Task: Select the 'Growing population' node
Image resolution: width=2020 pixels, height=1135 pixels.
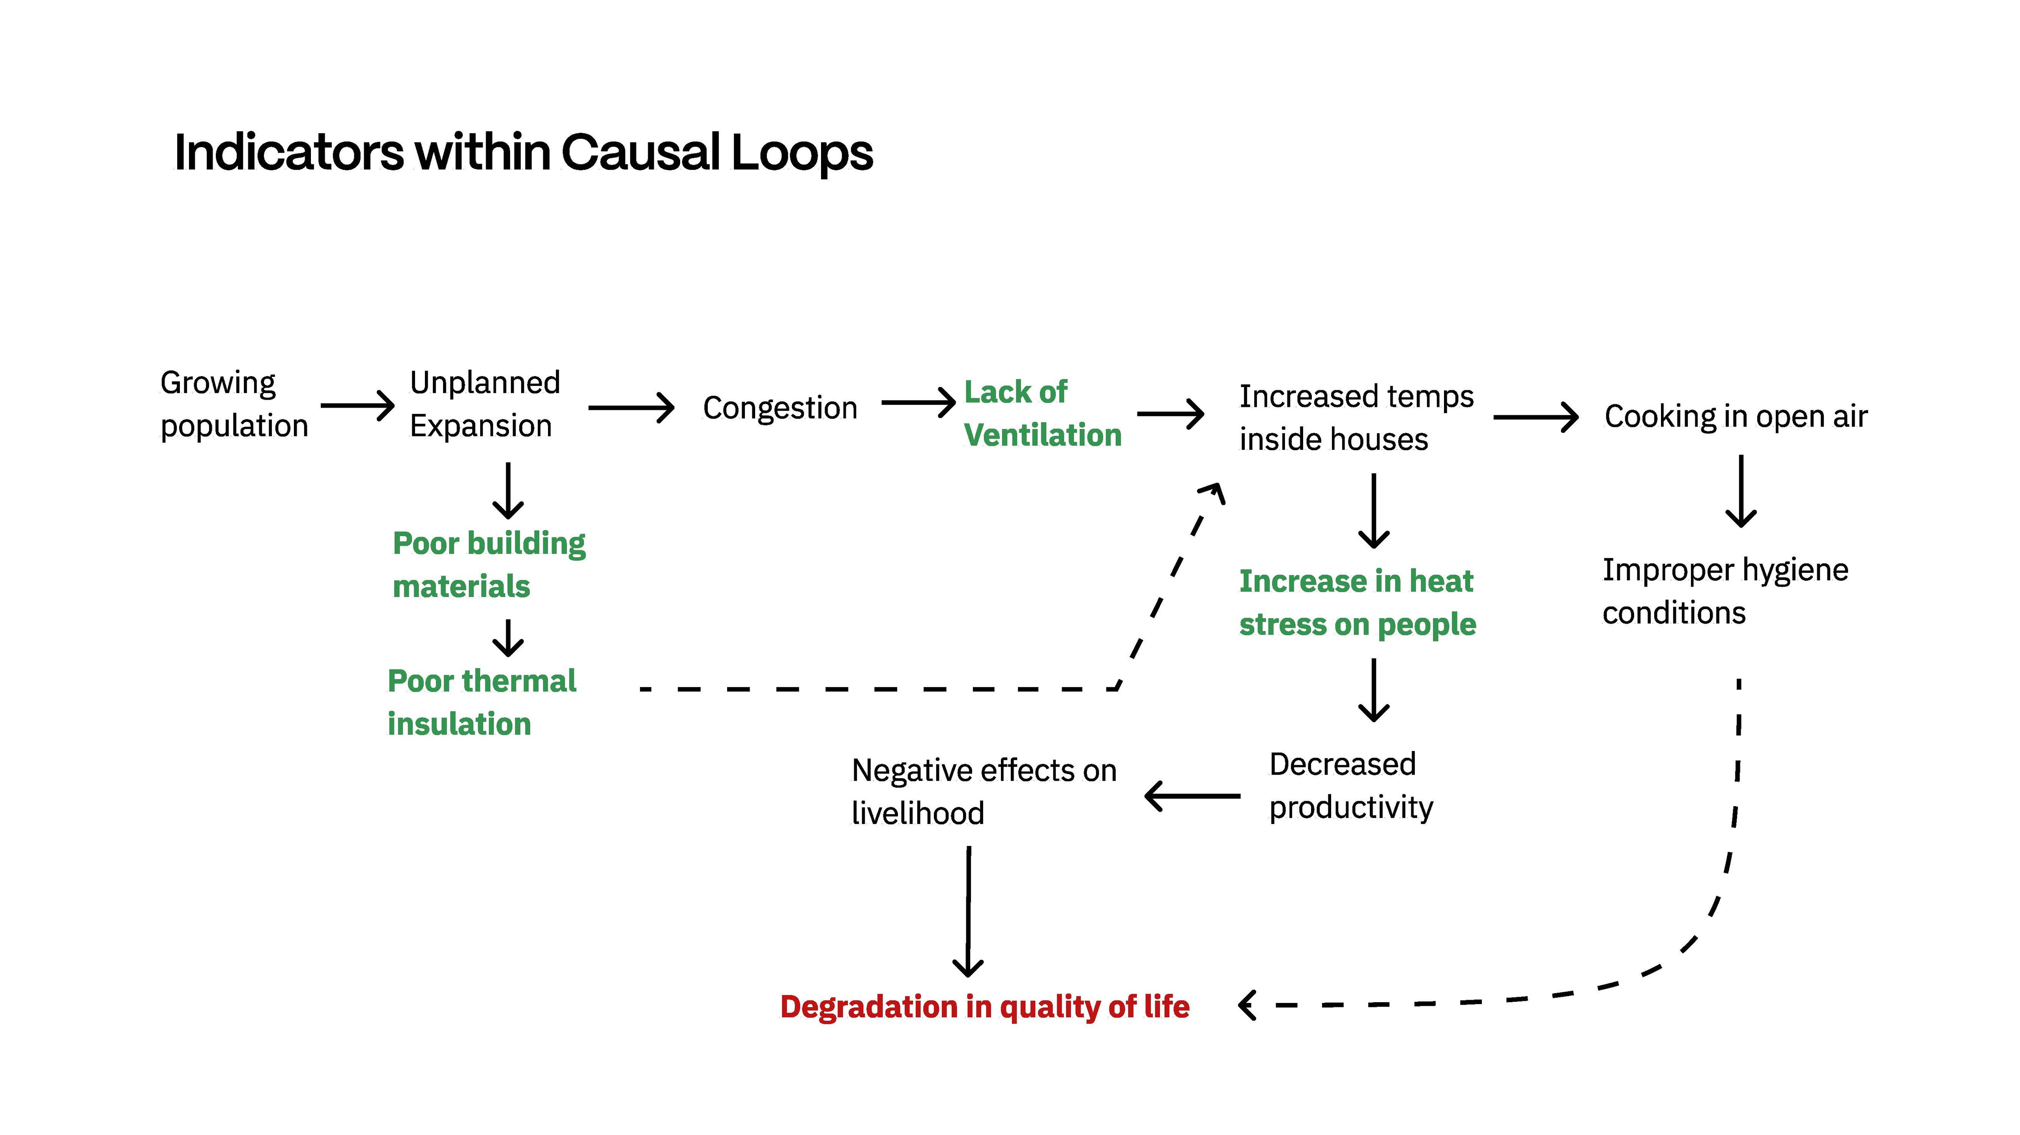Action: click(x=234, y=404)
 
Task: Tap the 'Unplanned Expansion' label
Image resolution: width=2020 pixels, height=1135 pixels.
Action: click(x=484, y=404)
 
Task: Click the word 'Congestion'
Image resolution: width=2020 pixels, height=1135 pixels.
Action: click(x=780, y=408)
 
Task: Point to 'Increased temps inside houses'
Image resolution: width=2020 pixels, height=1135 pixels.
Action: click(x=1356, y=418)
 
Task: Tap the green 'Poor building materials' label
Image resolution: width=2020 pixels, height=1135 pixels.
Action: click(x=488, y=565)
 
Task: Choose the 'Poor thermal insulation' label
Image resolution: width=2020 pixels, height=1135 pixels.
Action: click(x=481, y=702)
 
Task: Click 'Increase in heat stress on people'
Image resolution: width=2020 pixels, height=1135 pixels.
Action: click(x=1357, y=603)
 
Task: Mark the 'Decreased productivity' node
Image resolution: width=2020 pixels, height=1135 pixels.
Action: click(x=1350, y=785)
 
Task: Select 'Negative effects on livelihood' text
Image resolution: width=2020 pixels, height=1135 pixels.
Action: click(x=983, y=792)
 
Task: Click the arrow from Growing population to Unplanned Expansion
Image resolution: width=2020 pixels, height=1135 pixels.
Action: click(x=357, y=405)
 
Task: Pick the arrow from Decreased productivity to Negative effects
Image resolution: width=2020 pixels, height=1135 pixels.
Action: click(x=1192, y=796)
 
